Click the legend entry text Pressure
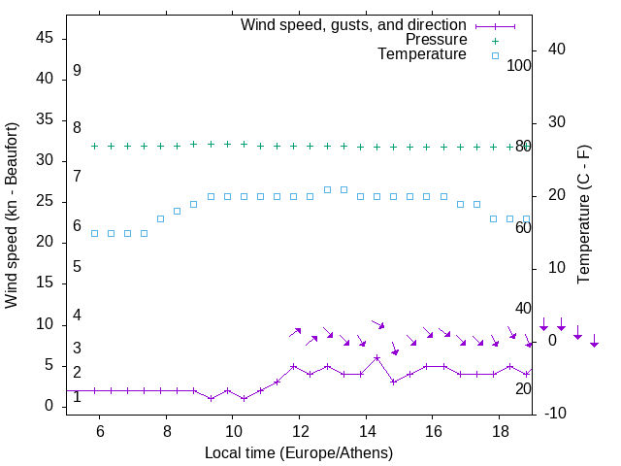tap(437, 40)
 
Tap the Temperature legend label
tap(422, 54)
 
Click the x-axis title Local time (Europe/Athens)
tap(299, 452)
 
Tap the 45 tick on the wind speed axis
tap(45, 38)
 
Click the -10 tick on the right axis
tap(557, 414)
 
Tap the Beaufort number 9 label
tap(77, 71)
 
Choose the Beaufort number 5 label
tap(77, 266)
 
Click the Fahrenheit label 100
tap(520, 66)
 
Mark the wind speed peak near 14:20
tap(377, 357)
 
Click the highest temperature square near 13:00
tap(327, 189)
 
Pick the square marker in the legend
tap(495, 55)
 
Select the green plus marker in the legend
tap(495, 41)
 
